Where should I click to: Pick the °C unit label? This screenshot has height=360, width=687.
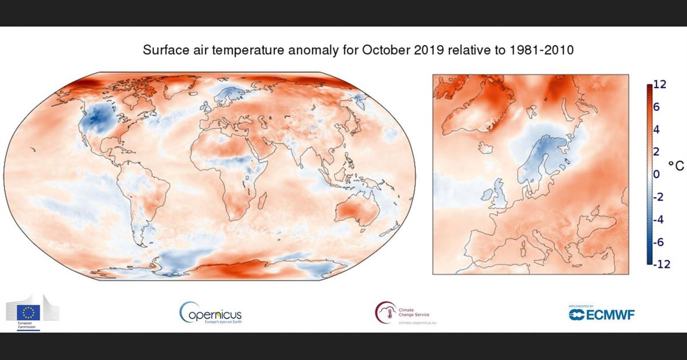[x=676, y=165]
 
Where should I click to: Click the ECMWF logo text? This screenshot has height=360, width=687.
[x=601, y=314]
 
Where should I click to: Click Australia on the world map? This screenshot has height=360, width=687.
[x=355, y=211]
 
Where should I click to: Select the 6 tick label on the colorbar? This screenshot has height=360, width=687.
[x=657, y=108]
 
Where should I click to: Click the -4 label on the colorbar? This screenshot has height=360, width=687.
[x=658, y=219]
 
